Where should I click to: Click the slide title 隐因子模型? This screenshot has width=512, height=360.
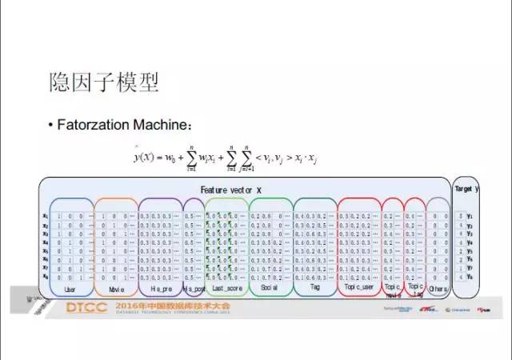point(104,82)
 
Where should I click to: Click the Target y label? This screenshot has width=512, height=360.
point(466,189)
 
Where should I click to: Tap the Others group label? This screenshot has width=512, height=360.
point(438,286)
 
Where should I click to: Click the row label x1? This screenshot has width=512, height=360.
point(46,216)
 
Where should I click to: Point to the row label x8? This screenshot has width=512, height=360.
point(46,276)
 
